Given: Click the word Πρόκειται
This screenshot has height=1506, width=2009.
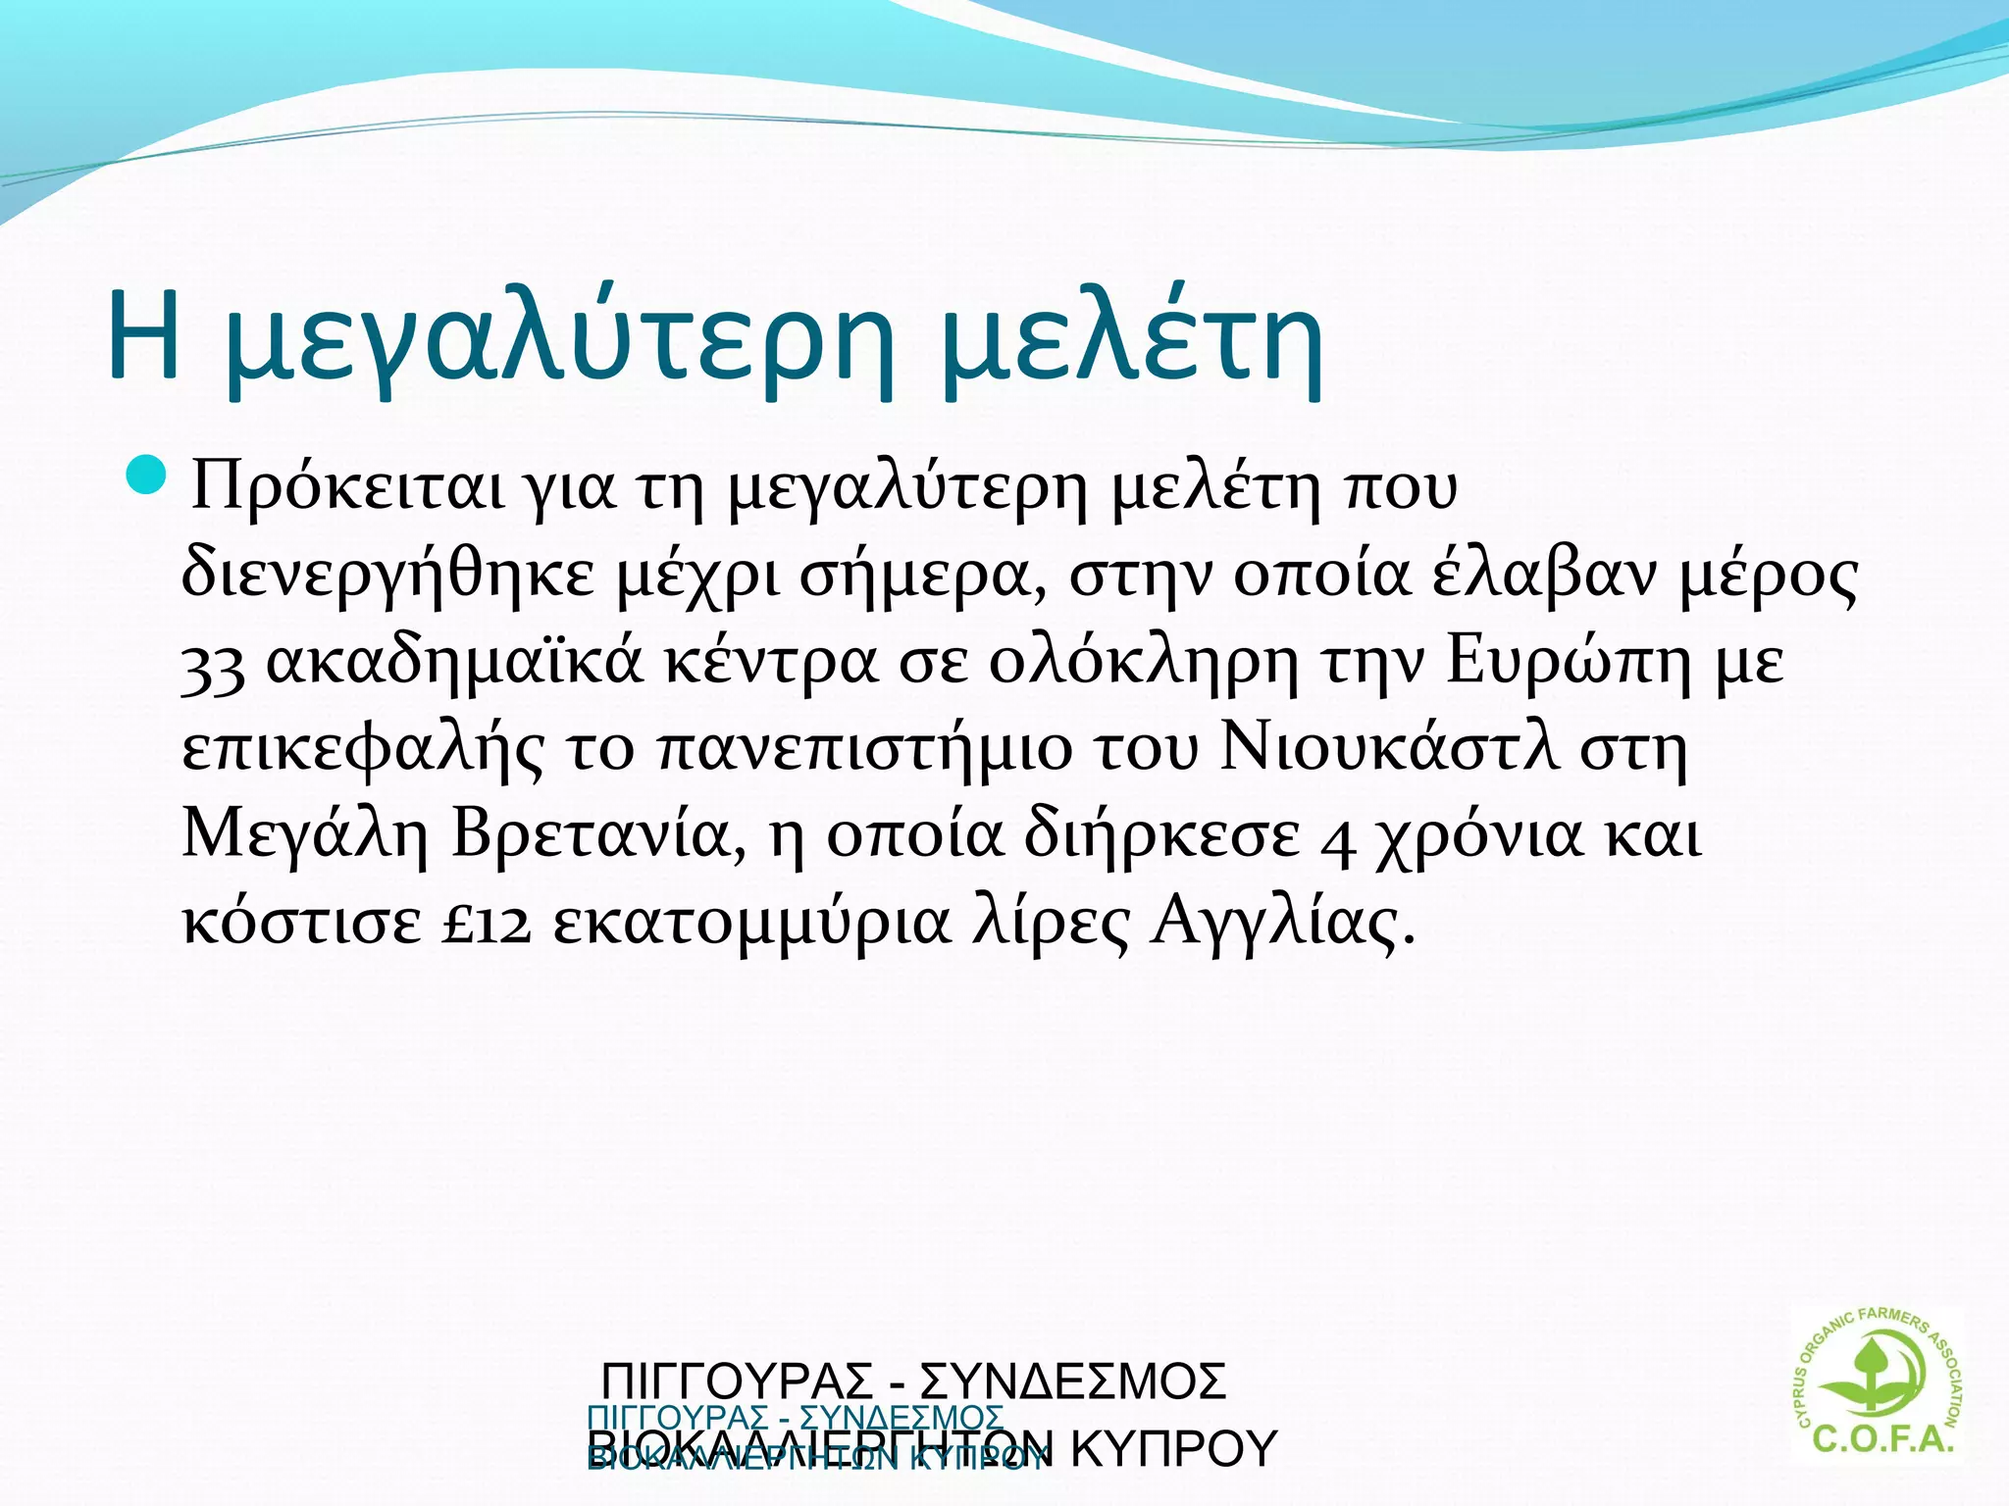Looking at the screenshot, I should click(x=348, y=486).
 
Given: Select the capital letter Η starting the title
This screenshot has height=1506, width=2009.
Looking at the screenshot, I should click(x=144, y=335).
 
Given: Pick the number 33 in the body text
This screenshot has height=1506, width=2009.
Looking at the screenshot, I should click(x=213, y=665).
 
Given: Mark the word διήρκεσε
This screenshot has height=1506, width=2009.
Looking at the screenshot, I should click(x=1161, y=836).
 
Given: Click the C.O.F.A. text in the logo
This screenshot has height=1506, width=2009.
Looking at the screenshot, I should click(x=1882, y=1438).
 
